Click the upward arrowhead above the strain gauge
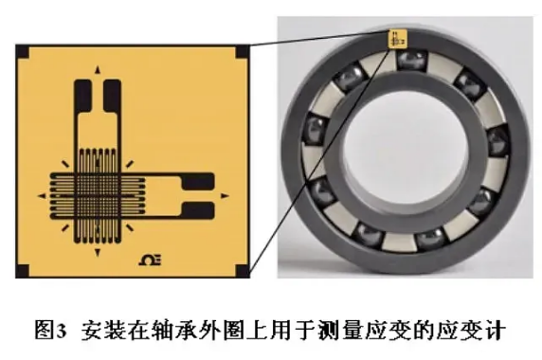(x=98, y=69)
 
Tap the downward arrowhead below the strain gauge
(x=98, y=253)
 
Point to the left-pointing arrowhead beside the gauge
(x=42, y=196)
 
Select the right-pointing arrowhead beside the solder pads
(x=225, y=196)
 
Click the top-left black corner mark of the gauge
(x=23, y=51)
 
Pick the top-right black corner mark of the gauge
(x=242, y=51)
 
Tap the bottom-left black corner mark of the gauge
(x=23, y=271)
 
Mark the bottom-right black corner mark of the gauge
(x=242, y=271)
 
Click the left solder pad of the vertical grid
(x=83, y=96)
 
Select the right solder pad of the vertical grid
(x=112, y=96)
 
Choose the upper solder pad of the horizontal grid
(x=198, y=182)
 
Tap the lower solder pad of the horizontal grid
(x=198, y=210)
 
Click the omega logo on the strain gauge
(x=150, y=261)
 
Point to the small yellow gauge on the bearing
(x=398, y=39)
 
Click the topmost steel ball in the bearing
(x=411, y=60)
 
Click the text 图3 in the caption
(x=50, y=331)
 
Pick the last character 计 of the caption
(x=496, y=331)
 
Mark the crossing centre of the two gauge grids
(x=98, y=196)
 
